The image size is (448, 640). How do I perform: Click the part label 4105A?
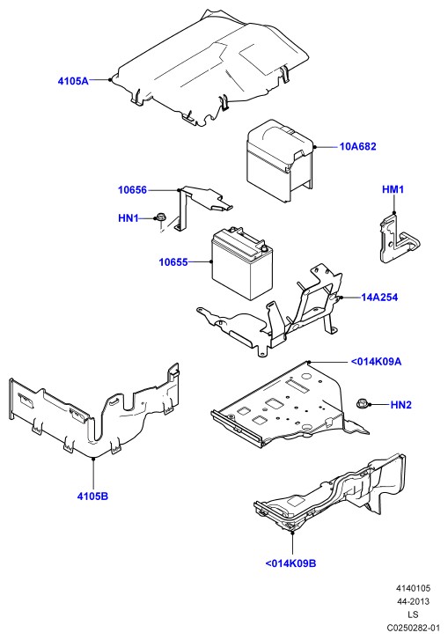tap(73, 81)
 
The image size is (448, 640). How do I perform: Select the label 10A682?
tap(358, 146)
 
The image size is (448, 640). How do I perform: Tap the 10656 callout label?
tap(132, 190)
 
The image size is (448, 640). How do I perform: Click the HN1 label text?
tap(129, 218)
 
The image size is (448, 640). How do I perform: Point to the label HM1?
tap(393, 189)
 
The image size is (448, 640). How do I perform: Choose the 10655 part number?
tap(173, 262)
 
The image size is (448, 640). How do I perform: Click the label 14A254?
tap(379, 298)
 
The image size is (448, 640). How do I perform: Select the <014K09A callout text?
tap(376, 362)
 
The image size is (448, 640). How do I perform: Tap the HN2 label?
tap(401, 404)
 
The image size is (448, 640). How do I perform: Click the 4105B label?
tap(92, 497)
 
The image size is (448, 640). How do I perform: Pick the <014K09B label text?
tap(291, 563)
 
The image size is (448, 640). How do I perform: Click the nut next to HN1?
tap(159, 217)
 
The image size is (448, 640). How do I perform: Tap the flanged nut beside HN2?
tap(363, 403)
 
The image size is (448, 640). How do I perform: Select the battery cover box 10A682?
tap(280, 160)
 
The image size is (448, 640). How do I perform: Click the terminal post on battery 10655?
tap(263, 247)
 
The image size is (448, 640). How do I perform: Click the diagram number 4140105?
tap(413, 588)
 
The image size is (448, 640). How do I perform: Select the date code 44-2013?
tap(413, 601)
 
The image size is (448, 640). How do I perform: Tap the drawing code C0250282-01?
tap(413, 628)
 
